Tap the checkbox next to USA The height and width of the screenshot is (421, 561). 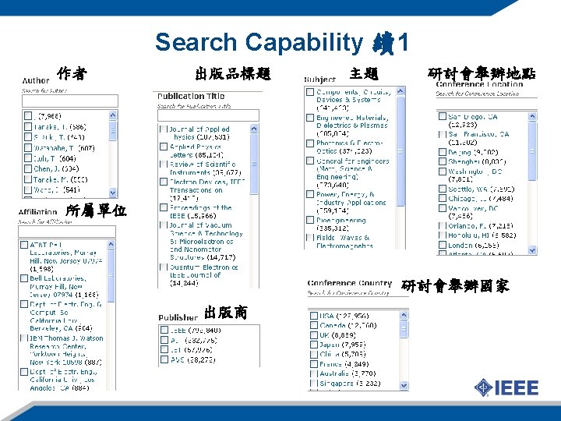pos(312,317)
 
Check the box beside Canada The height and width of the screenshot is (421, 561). pos(312,326)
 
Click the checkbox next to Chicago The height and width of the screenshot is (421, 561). pos(441,199)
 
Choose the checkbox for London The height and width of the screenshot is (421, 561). pos(441,245)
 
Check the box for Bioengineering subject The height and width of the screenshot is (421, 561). pos(311,221)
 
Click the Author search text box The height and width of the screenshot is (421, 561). pos(69,101)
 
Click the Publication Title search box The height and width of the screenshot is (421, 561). pos(207,115)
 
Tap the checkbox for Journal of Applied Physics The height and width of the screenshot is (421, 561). pos(162,129)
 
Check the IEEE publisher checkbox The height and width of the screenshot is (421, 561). pos(164,331)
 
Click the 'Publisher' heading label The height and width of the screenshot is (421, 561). pos(178,317)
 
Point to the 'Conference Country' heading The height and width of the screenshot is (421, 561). pos(349,284)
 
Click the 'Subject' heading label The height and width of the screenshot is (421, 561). pos(319,80)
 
